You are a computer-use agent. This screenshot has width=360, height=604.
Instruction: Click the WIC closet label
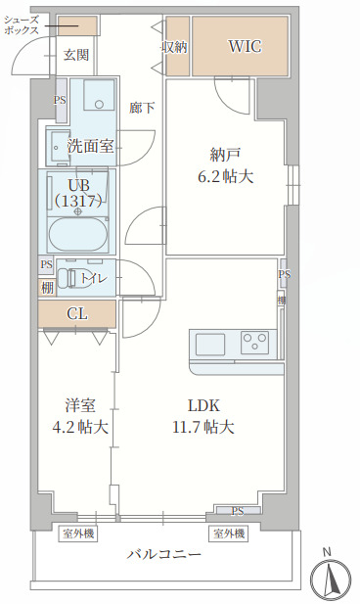245,46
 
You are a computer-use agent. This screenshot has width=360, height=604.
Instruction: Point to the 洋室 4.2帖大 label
79,416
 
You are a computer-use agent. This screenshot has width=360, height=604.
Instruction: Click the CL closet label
77,313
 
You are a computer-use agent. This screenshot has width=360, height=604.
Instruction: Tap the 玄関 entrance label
76,55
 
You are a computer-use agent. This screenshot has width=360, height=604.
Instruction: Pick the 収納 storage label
175,46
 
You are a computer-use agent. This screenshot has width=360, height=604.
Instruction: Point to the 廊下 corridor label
142,107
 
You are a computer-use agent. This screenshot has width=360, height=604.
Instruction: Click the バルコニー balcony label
164,554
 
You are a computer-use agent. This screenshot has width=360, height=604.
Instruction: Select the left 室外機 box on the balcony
78,534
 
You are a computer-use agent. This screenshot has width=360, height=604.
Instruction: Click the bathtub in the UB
77,235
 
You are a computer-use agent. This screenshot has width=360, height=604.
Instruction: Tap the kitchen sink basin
210,345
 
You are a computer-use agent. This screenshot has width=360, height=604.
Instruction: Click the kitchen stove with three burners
255,343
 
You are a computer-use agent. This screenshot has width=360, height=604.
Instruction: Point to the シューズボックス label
22,25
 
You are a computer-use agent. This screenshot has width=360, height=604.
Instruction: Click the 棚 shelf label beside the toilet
47,288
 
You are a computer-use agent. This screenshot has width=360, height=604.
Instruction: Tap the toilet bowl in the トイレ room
68,279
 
